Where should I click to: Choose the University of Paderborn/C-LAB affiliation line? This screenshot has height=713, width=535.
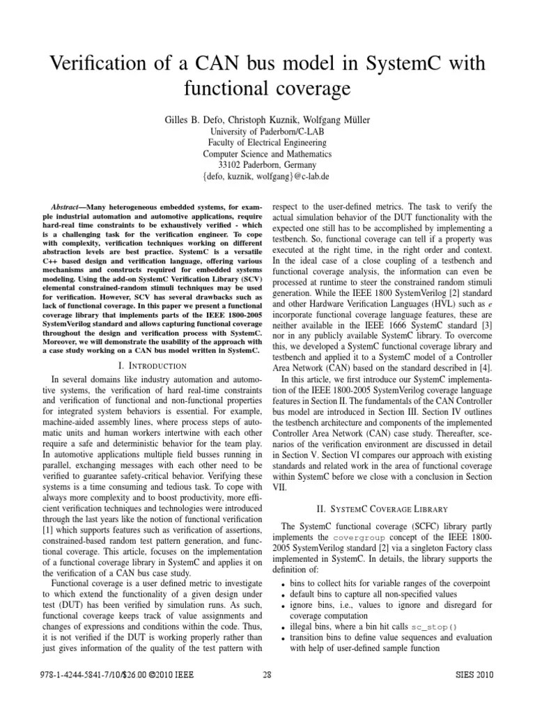pos(267,132)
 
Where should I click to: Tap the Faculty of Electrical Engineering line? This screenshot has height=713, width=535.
pos(267,143)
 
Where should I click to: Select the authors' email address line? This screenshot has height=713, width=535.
pos(267,176)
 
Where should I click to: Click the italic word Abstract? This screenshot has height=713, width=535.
pos(68,207)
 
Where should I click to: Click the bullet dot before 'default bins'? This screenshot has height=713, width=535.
pos(282,595)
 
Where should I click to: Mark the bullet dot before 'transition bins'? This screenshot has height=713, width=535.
pos(282,637)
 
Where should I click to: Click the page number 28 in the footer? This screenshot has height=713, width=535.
pos(267,675)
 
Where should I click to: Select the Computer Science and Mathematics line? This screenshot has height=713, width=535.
pos(267,154)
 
